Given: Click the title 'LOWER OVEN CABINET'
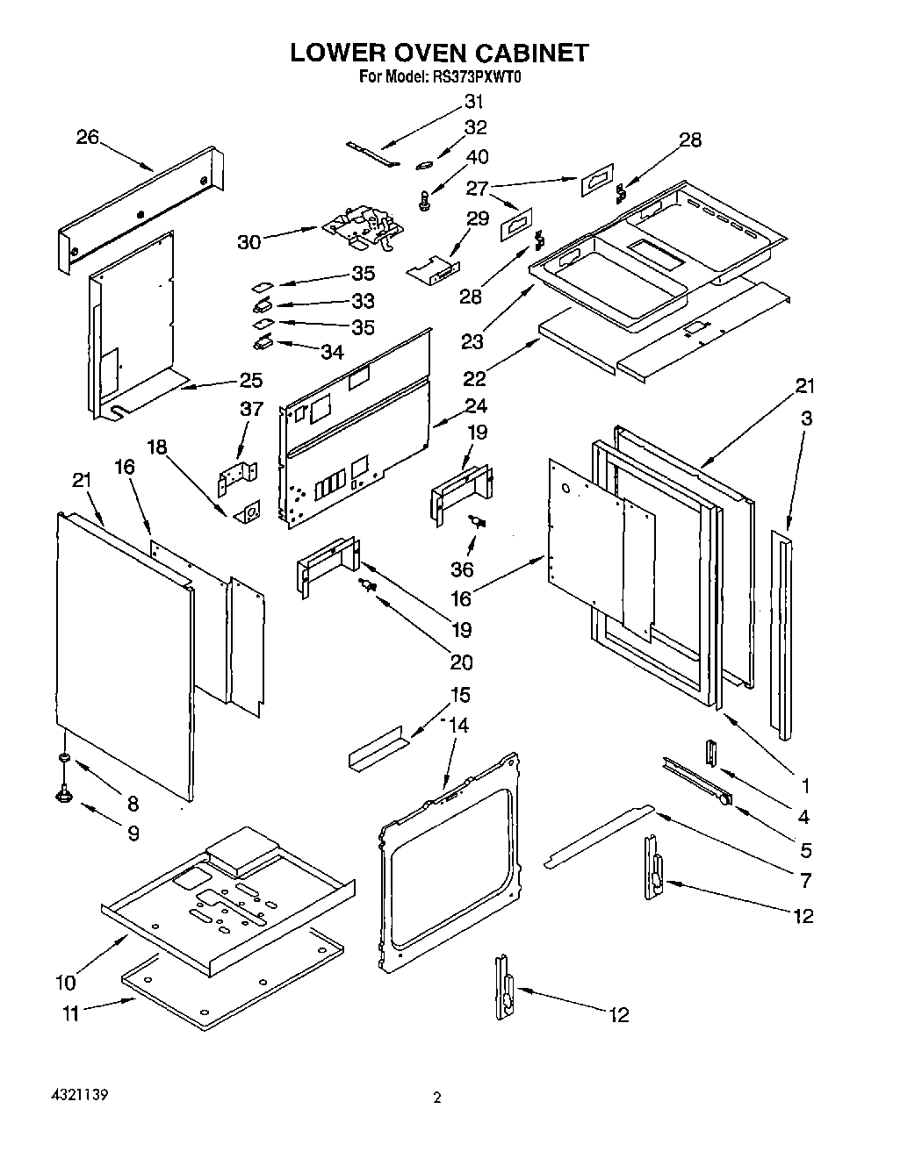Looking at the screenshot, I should coord(439,53).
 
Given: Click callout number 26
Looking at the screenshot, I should coord(87,137).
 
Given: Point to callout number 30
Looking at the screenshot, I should coord(249,241).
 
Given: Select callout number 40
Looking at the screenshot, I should coord(478,157).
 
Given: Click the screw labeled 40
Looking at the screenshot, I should coord(426,200).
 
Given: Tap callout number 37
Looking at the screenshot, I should coord(251,409).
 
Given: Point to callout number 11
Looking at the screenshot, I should coord(71,1013).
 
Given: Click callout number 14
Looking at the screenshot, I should coord(458,726).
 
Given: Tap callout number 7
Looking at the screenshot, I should coord(804,880).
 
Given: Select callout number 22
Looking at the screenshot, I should coord(474,378).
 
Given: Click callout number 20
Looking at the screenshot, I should coord(460,662).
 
